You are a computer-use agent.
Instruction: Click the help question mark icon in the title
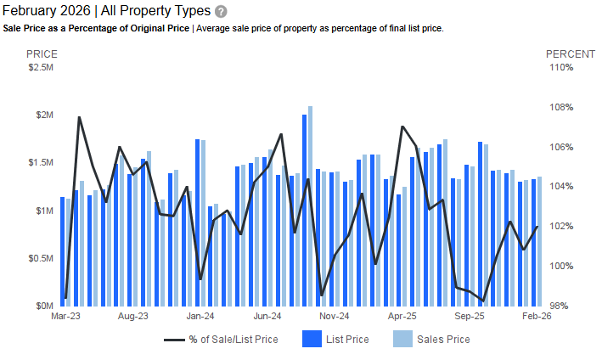(x=221, y=11)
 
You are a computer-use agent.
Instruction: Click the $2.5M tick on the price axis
(x=40, y=67)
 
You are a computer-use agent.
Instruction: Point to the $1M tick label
(x=42, y=211)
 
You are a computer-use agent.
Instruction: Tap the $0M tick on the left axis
(x=44, y=306)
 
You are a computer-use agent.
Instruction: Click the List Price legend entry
(x=336, y=340)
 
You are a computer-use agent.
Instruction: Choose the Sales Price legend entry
(x=431, y=340)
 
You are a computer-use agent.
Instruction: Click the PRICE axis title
(x=42, y=53)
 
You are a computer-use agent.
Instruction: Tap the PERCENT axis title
(x=570, y=53)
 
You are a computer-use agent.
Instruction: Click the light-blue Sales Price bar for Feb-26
(x=539, y=241)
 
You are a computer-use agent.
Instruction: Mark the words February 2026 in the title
(x=46, y=11)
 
